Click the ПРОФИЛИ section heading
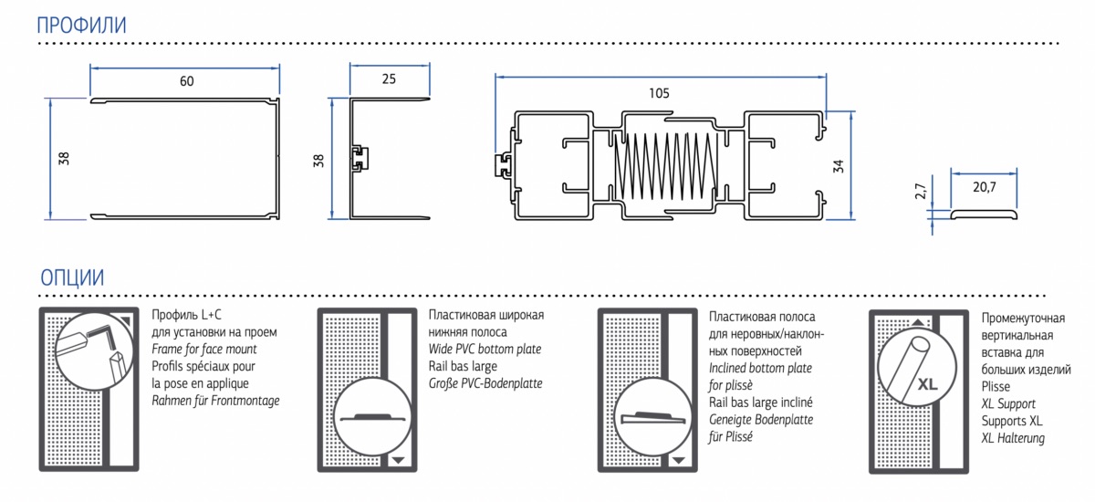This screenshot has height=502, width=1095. pos(80,26)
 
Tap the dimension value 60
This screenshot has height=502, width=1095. pos(186,81)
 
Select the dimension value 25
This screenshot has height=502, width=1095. pos(389,79)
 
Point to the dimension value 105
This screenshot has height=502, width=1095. pos(659,92)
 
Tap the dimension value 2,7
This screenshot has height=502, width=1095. pos(921,193)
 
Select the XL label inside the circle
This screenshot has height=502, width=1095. pos(928,384)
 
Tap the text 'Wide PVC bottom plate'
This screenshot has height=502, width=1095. pos(485,349)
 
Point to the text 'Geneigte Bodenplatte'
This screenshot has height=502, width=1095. pos(760,420)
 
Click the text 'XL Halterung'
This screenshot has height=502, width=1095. pos(1013,438)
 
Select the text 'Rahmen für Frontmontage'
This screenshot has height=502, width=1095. pos(215,401)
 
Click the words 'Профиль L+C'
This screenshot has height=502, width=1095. pos(190,316)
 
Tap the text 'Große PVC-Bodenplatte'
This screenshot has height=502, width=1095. pos(485,383)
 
